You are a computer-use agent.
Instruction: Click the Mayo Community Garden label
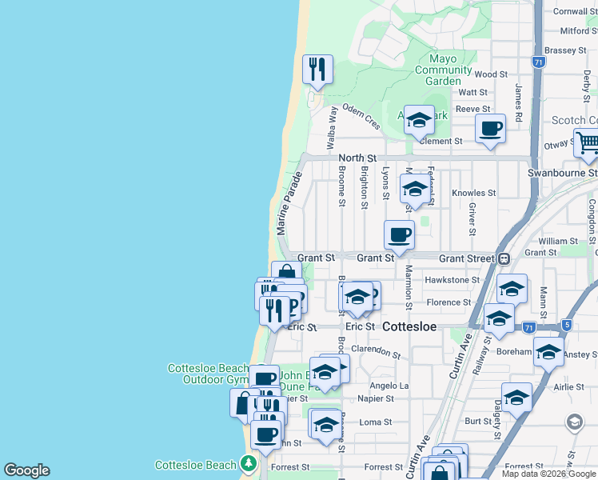point(443,70)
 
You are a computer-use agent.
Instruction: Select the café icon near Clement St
point(490,128)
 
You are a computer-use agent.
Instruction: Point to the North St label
point(357,158)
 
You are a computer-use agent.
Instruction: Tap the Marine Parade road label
point(289,202)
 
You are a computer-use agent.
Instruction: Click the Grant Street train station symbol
point(504,258)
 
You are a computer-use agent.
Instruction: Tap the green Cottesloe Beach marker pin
point(249,463)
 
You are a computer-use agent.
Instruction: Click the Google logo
point(26,470)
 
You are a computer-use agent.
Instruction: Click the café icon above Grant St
point(399,234)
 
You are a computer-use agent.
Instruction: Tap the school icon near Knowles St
point(414,190)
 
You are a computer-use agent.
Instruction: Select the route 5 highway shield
point(566,325)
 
